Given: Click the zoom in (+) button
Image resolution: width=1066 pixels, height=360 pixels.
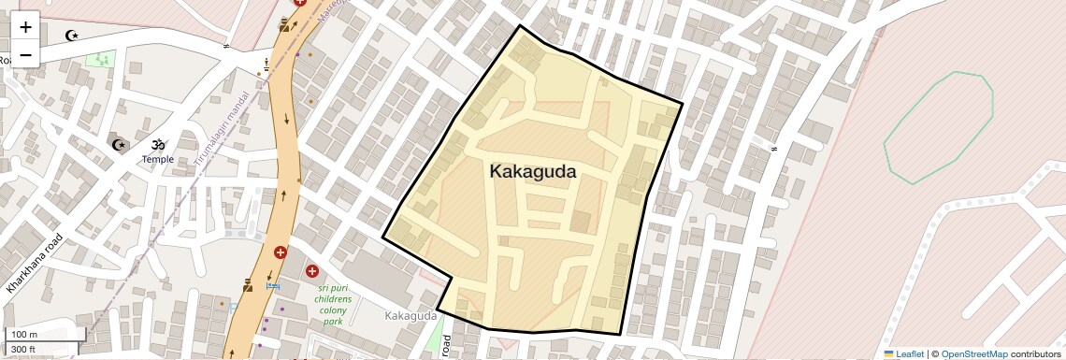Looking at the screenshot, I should pos(25,27).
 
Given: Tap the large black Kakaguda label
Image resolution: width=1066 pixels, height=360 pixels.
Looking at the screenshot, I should pos(532,172).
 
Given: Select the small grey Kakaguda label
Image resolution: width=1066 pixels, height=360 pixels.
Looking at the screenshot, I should pos(411,316).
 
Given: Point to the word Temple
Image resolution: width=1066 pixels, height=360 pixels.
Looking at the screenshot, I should pos(158,160).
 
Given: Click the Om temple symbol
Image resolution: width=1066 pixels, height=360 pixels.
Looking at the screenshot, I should pos(158,145).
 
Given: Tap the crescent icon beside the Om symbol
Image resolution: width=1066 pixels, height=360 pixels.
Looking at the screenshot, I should pos(119,145).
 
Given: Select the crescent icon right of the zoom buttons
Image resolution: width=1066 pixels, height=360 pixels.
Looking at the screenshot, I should pos(71,36).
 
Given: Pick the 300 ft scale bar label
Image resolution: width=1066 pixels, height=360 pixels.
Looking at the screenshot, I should pos(23,350).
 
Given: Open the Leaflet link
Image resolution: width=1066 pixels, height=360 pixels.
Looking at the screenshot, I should pos(903,354).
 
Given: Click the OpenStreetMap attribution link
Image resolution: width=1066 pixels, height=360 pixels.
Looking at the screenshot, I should pos(973,354).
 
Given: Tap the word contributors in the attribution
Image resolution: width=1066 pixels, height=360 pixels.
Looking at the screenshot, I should pos(1035,354).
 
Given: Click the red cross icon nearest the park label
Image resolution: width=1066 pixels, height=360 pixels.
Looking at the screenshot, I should pos(312,271).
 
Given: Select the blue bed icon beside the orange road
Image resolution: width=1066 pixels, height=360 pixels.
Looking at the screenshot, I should pos(272,285).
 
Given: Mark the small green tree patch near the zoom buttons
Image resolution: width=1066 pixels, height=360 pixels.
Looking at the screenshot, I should pos(99,59).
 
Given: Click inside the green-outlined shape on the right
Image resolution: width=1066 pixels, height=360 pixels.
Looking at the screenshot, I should pos(938,126).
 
